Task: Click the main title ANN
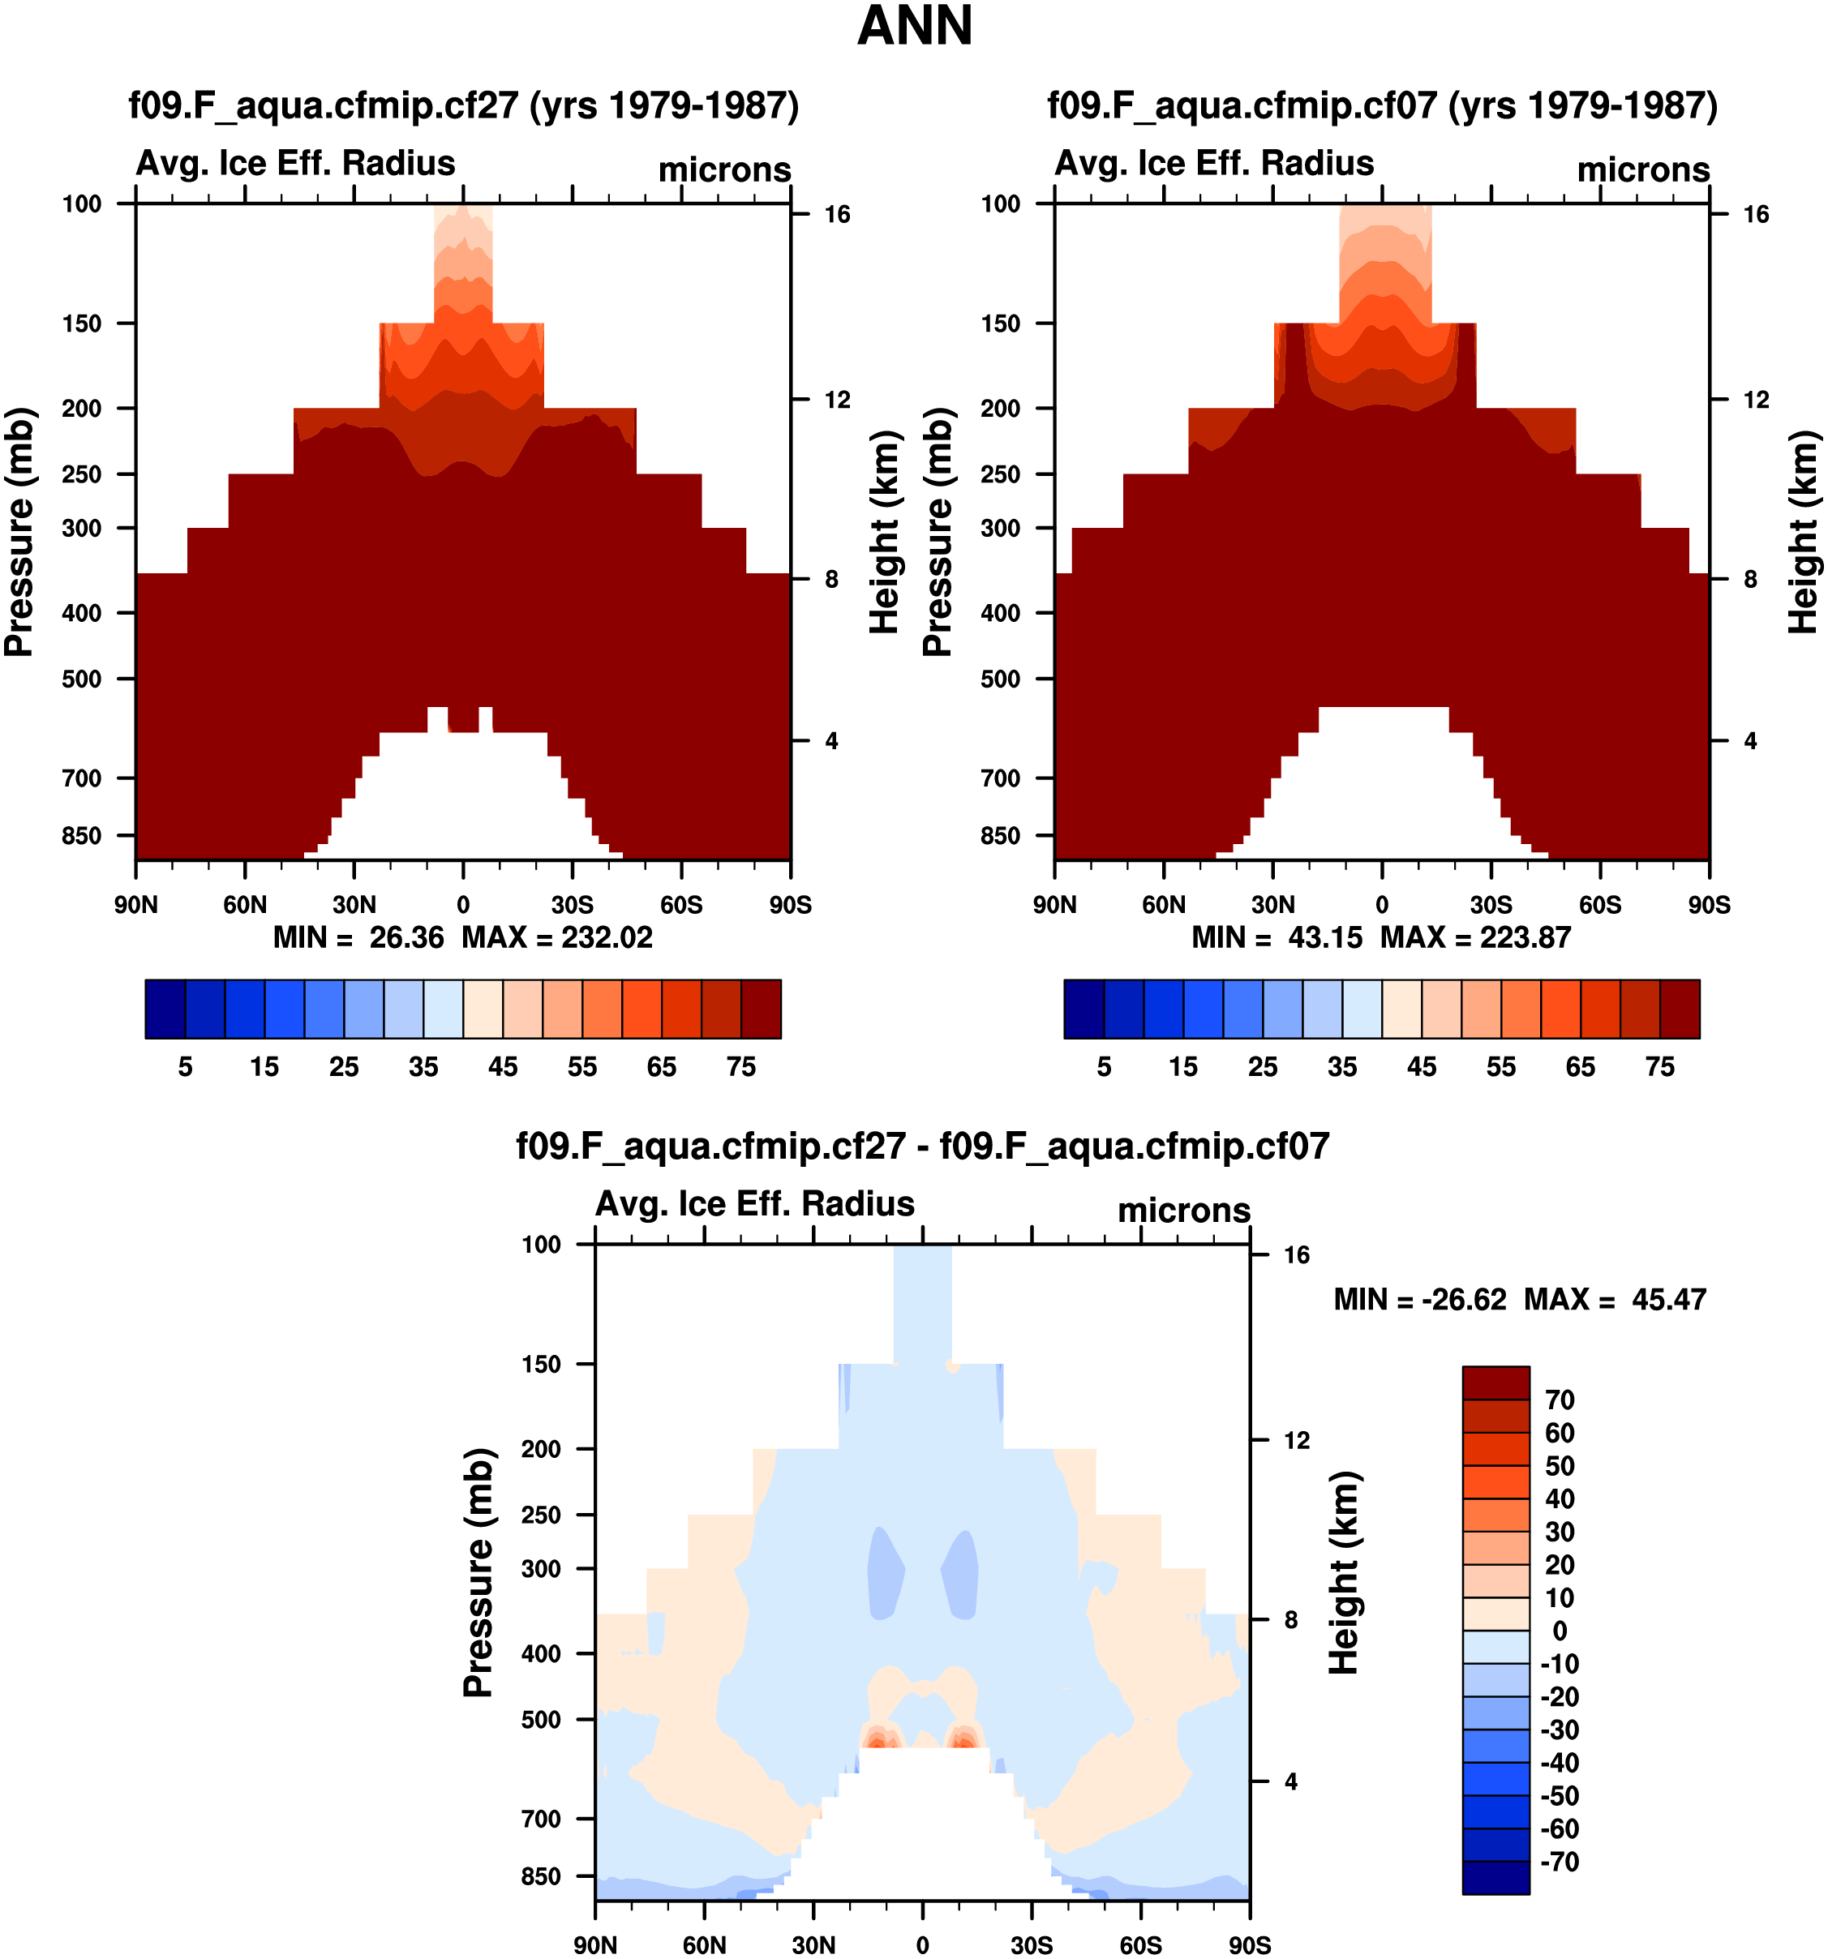(915, 27)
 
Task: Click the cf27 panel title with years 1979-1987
(463, 105)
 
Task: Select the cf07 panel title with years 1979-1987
(1382, 105)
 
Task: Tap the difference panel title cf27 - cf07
(922, 1146)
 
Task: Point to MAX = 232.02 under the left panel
(557, 937)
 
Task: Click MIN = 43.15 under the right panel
(1277, 937)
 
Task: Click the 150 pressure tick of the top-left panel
(82, 324)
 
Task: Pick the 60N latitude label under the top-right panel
(1164, 905)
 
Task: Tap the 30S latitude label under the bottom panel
(1031, 1945)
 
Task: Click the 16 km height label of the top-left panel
(837, 215)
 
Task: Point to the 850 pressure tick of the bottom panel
(541, 1876)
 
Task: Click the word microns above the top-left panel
(724, 169)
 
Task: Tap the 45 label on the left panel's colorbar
(503, 1067)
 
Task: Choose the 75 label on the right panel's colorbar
(1659, 1067)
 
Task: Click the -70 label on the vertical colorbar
(1560, 1862)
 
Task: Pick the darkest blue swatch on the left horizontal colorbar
(165, 1009)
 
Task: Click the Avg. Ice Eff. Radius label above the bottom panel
(755, 1204)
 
